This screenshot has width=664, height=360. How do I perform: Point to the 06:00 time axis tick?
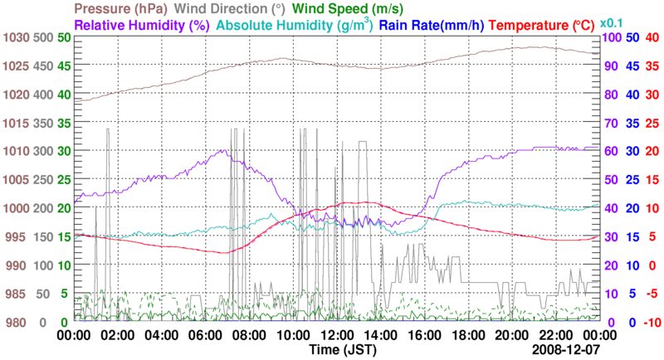pyautogui.click(x=205, y=336)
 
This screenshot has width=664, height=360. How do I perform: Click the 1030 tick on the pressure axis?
pyautogui.click(x=17, y=37)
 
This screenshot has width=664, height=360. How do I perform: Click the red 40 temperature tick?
pyautogui.click(x=652, y=37)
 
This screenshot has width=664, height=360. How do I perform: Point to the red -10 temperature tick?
pyautogui.click(x=652, y=322)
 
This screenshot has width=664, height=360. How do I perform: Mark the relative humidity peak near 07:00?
pyautogui.click(x=222, y=150)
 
